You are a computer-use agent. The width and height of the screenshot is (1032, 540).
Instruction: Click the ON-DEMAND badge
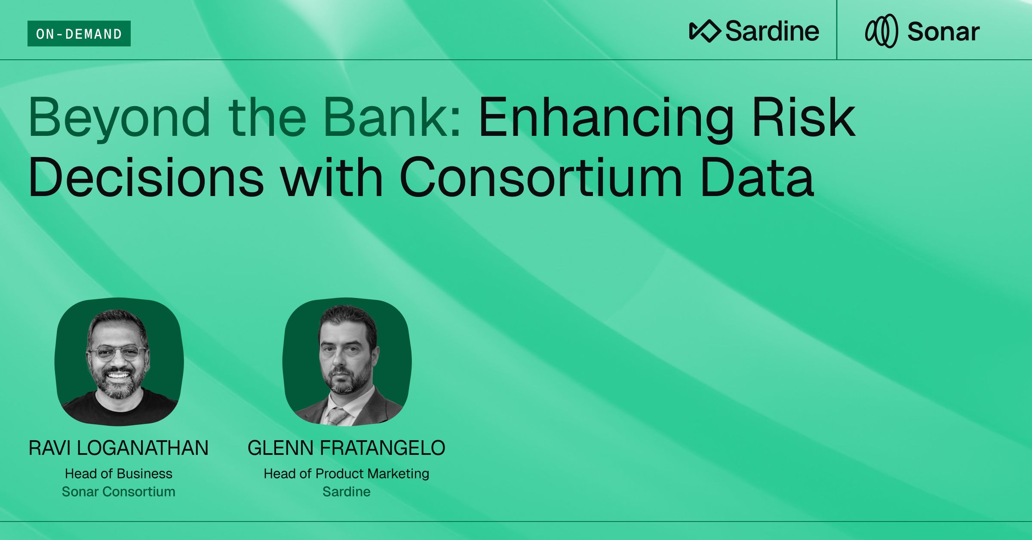point(79,34)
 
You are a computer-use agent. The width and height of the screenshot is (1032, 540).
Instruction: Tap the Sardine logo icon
point(705,31)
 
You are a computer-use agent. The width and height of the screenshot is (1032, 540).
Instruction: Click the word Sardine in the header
point(772,31)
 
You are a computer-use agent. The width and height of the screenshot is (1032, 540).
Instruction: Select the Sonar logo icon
point(881,31)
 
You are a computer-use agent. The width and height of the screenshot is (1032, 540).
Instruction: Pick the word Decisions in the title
point(146,177)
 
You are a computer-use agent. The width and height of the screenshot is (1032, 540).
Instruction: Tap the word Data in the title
point(757,177)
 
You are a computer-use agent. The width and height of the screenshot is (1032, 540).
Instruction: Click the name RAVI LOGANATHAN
point(119,448)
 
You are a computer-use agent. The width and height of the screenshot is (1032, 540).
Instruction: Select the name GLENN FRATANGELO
point(347,448)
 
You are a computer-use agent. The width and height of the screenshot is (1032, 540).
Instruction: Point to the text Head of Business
point(119,473)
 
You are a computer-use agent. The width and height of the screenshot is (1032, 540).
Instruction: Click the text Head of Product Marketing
point(347,473)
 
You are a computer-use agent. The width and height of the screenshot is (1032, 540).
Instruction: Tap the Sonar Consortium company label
point(119,491)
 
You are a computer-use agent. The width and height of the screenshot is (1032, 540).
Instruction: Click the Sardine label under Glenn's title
point(347,491)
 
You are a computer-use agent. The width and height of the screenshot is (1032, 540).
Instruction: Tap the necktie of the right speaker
point(338,415)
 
